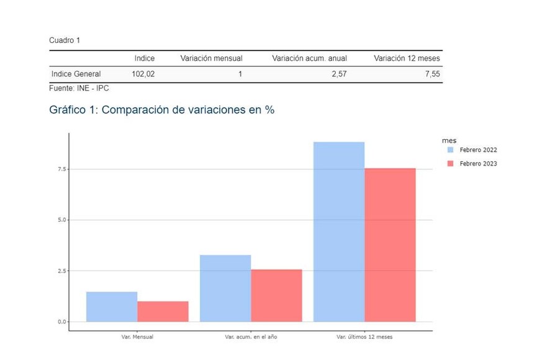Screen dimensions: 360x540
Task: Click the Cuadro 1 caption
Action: pos(65,40)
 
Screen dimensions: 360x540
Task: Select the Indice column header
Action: pos(144,58)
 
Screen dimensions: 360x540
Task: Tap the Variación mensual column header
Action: pos(211,58)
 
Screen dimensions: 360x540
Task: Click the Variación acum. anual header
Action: pos(309,58)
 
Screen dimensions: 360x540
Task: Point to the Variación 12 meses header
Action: pos(407,58)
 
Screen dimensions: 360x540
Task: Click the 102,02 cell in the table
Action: pos(143,74)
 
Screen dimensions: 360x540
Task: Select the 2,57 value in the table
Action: pos(339,74)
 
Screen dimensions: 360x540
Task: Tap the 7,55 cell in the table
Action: pos(432,74)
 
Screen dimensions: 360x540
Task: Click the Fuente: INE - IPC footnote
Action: pos(79,89)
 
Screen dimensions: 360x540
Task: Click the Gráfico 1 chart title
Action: pos(161,110)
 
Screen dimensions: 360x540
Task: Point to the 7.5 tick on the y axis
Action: pos(61,169)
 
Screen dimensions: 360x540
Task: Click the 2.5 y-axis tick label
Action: pos(61,271)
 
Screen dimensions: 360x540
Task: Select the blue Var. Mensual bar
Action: pos(112,307)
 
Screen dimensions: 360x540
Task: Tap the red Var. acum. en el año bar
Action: pos(276,295)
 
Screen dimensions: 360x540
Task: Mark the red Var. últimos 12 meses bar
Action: pos(390,245)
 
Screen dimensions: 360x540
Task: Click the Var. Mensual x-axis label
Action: pos(137,337)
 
